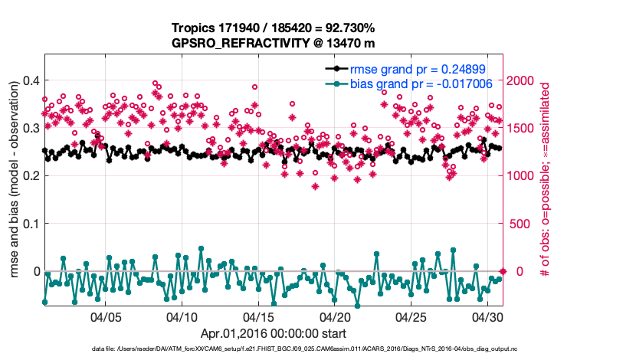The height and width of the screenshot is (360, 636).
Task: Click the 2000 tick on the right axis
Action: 523,80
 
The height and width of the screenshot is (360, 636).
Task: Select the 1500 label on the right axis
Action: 523,127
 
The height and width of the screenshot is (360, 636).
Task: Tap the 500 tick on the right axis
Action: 520,224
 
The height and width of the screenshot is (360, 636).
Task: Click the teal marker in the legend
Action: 335,83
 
